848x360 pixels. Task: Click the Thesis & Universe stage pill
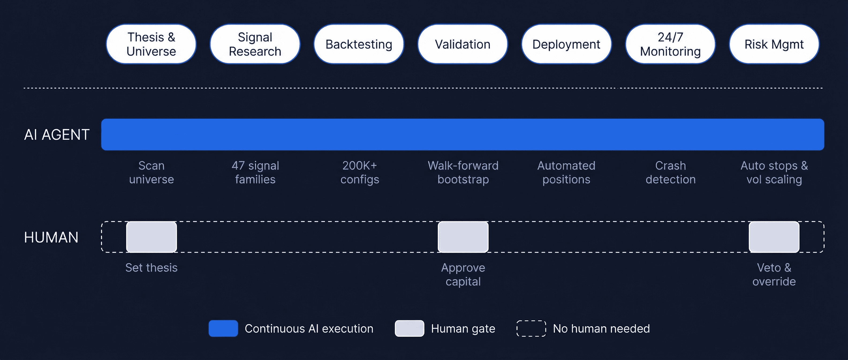tap(151, 44)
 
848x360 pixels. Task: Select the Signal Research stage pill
tap(255, 44)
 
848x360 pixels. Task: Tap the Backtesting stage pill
tap(359, 44)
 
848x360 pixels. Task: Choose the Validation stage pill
tap(463, 44)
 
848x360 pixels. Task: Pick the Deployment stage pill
tap(566, 44)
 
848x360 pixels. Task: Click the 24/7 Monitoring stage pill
tap(670, 44)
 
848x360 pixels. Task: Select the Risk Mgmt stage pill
tap(774, 44)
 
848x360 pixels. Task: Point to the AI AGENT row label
tap(57, 135)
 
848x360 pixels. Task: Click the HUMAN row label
tap(51, 237)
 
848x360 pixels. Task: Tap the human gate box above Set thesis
tap(152, 237)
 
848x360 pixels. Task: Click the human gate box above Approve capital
tap(463, 237)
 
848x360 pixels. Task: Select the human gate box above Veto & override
tap(774, 237)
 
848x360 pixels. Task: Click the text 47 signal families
tap(255, 172)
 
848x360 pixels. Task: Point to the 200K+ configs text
tap(359, 172)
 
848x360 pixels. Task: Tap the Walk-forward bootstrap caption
tap(463, 172)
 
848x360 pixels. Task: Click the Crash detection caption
tap(670, 172)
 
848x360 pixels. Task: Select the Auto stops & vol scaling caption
tap(774, 172)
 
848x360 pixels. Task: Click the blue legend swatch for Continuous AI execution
tap(223, 328)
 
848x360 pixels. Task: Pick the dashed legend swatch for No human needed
tap(531, 328)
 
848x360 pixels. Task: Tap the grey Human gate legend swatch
tap(409, 328)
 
